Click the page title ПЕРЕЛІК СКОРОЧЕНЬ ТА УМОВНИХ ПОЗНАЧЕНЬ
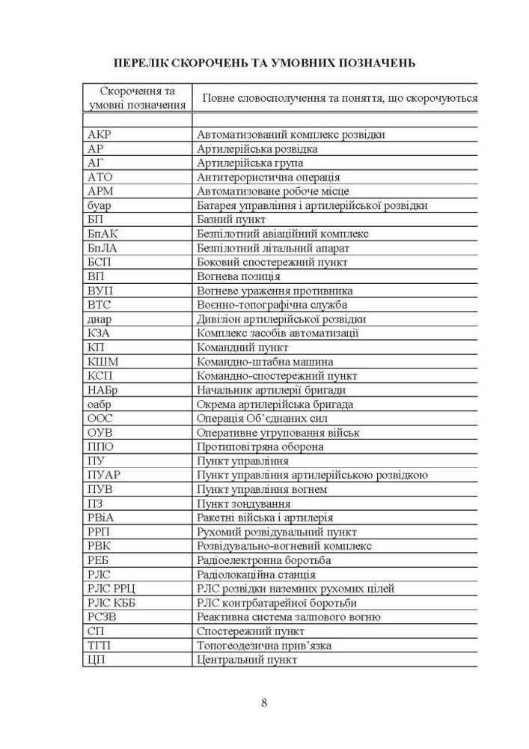264,61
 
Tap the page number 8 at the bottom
264,702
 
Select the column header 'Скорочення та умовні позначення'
137,97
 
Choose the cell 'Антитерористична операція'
268,178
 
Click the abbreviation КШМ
103,362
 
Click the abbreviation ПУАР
104,475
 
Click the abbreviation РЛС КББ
112,603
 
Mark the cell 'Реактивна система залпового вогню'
288,617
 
